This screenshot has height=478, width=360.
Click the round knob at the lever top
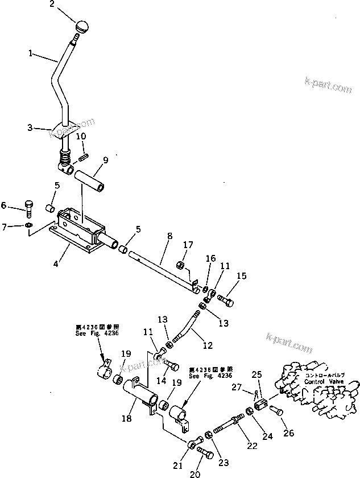click(83, 26)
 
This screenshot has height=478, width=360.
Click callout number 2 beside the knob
click(68, 6)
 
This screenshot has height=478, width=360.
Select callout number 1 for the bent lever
click(32, 54)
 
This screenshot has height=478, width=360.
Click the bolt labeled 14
click(170, 365)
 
